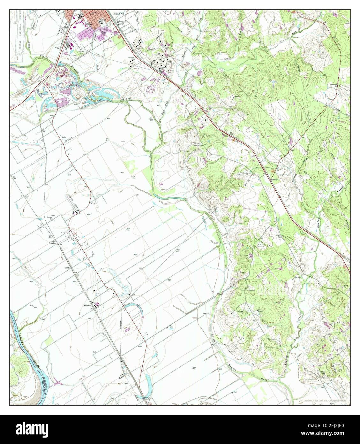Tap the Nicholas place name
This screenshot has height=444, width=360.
pyautogui.click(x=87, y=305)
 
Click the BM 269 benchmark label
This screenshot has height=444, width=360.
pyautogui.click(x=43, y=131)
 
